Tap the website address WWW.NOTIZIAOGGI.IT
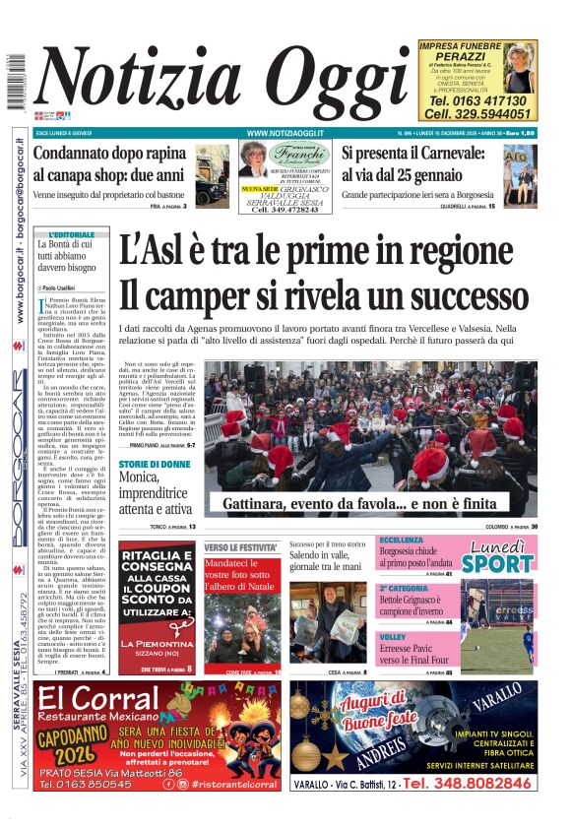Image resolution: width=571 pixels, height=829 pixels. [x=286, y=132]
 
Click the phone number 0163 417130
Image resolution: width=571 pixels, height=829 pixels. [x=477, y=100]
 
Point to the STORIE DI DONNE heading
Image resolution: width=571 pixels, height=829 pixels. [x=155, y=464]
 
